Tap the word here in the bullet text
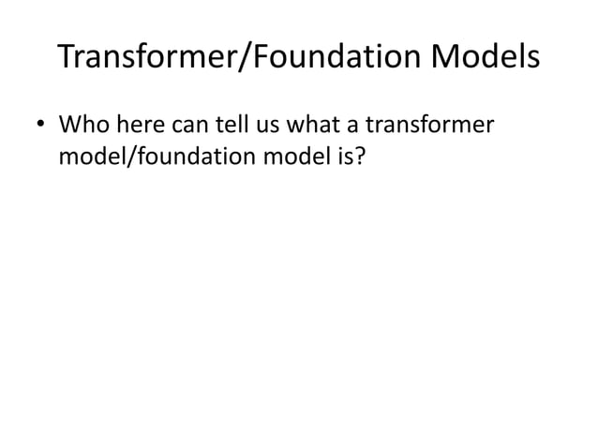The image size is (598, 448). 135,125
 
